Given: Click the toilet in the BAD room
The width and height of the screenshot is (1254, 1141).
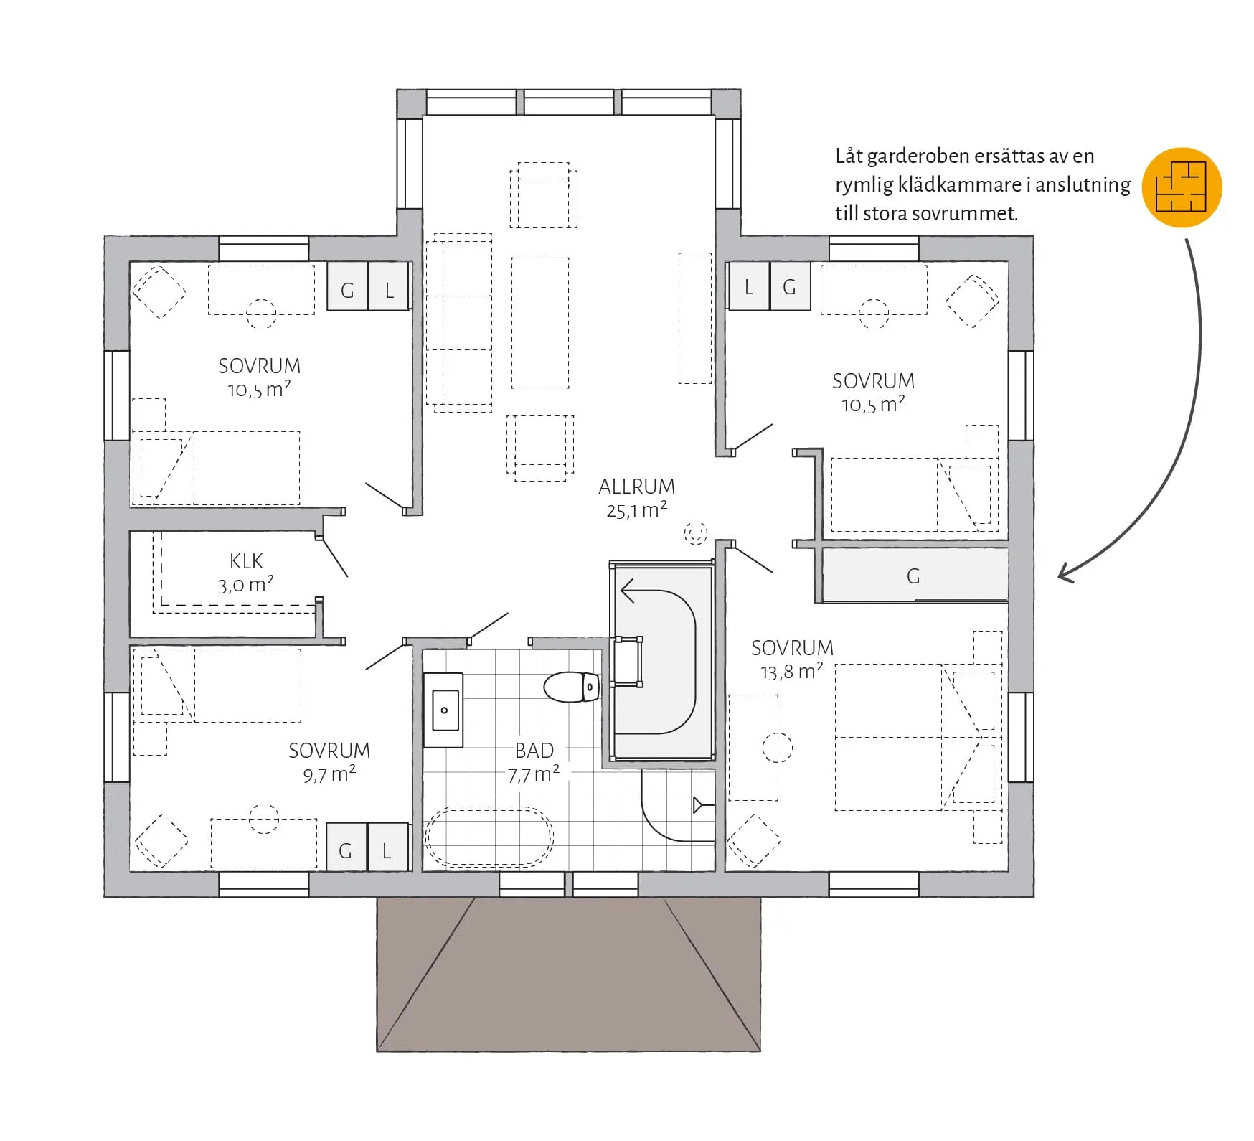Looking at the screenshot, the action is [572, 687].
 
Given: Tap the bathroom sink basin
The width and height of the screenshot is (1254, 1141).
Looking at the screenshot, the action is [444, 710].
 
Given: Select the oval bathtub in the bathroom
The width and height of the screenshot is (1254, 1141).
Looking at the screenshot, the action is [490, 837].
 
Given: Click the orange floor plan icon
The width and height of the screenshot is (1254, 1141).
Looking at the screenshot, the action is [1182, 187].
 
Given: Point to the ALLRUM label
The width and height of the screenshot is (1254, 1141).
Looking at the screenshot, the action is [637, 487].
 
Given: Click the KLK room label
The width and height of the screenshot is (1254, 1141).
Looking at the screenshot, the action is [246, 560].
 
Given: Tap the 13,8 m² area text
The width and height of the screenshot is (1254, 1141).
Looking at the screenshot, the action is [792, 671].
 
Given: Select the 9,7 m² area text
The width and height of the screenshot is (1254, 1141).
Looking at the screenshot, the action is [329, 774].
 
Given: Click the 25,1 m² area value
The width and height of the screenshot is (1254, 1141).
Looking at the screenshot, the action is [637, 510].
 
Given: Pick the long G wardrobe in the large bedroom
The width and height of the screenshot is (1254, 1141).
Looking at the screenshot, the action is [915, 575].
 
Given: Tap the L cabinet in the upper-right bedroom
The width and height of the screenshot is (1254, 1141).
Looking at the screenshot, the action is [749, 286].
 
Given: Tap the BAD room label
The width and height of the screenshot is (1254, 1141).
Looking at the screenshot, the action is [534, 751].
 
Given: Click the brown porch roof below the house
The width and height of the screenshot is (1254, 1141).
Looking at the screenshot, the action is [568, 974].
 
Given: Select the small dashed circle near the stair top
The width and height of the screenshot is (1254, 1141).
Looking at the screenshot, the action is [695, 532].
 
